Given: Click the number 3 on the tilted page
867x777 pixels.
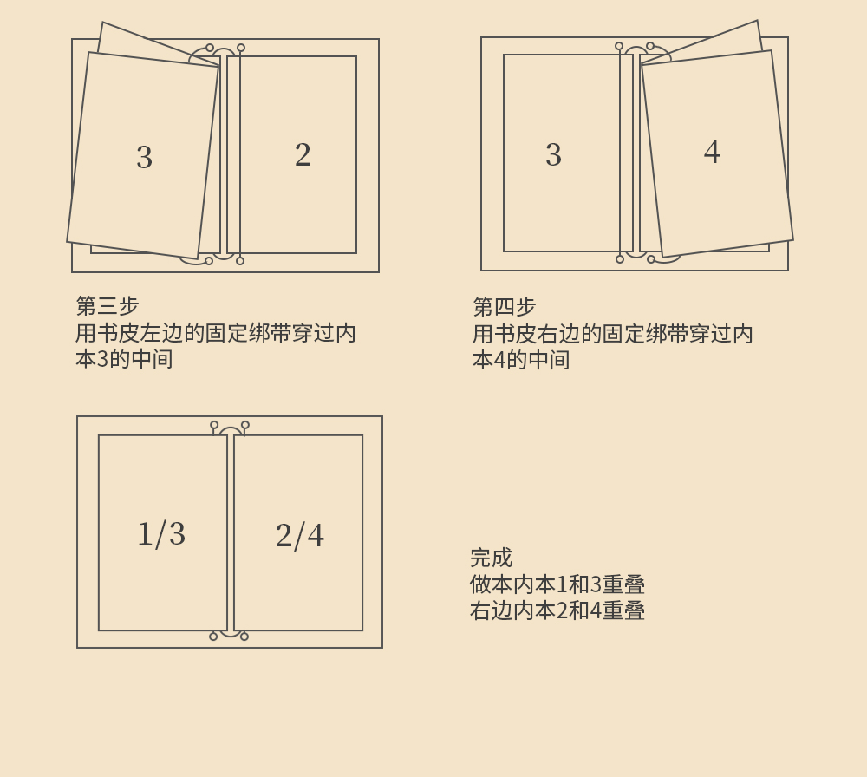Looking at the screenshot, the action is click(x=144, y=158).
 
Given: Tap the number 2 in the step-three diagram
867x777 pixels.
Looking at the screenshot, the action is click(x=303, y=155).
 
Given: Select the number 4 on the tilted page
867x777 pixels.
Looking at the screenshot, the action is click(x=712, y=153).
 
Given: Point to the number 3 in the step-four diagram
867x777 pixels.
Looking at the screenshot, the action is click(x=553, y=155).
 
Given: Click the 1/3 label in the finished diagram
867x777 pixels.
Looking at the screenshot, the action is click(x=161, y=534).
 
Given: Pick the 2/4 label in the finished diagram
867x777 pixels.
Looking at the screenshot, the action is click(x=300, y=536).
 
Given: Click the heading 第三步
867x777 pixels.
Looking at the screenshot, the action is click(x=108, y=306).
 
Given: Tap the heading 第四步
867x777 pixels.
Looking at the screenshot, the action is click(x=505, y=307).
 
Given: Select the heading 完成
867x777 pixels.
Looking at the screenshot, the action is click(x=491, y=558).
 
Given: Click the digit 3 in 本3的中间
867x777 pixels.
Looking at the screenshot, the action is click(x=102, y=359).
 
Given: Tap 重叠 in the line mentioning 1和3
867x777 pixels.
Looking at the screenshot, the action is click(x=623, y=584).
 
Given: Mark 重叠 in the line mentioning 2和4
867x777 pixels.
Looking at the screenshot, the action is click(x=623, y=610).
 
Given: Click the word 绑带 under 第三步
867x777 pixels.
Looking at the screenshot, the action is click(x=270, y=333).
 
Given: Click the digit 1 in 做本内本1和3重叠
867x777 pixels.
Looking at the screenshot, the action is click(x=561, y=584).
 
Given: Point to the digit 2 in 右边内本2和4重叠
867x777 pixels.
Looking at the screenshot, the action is click(x=561, y=610).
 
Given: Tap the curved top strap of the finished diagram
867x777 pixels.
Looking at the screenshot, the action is click(x=230, y=429).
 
